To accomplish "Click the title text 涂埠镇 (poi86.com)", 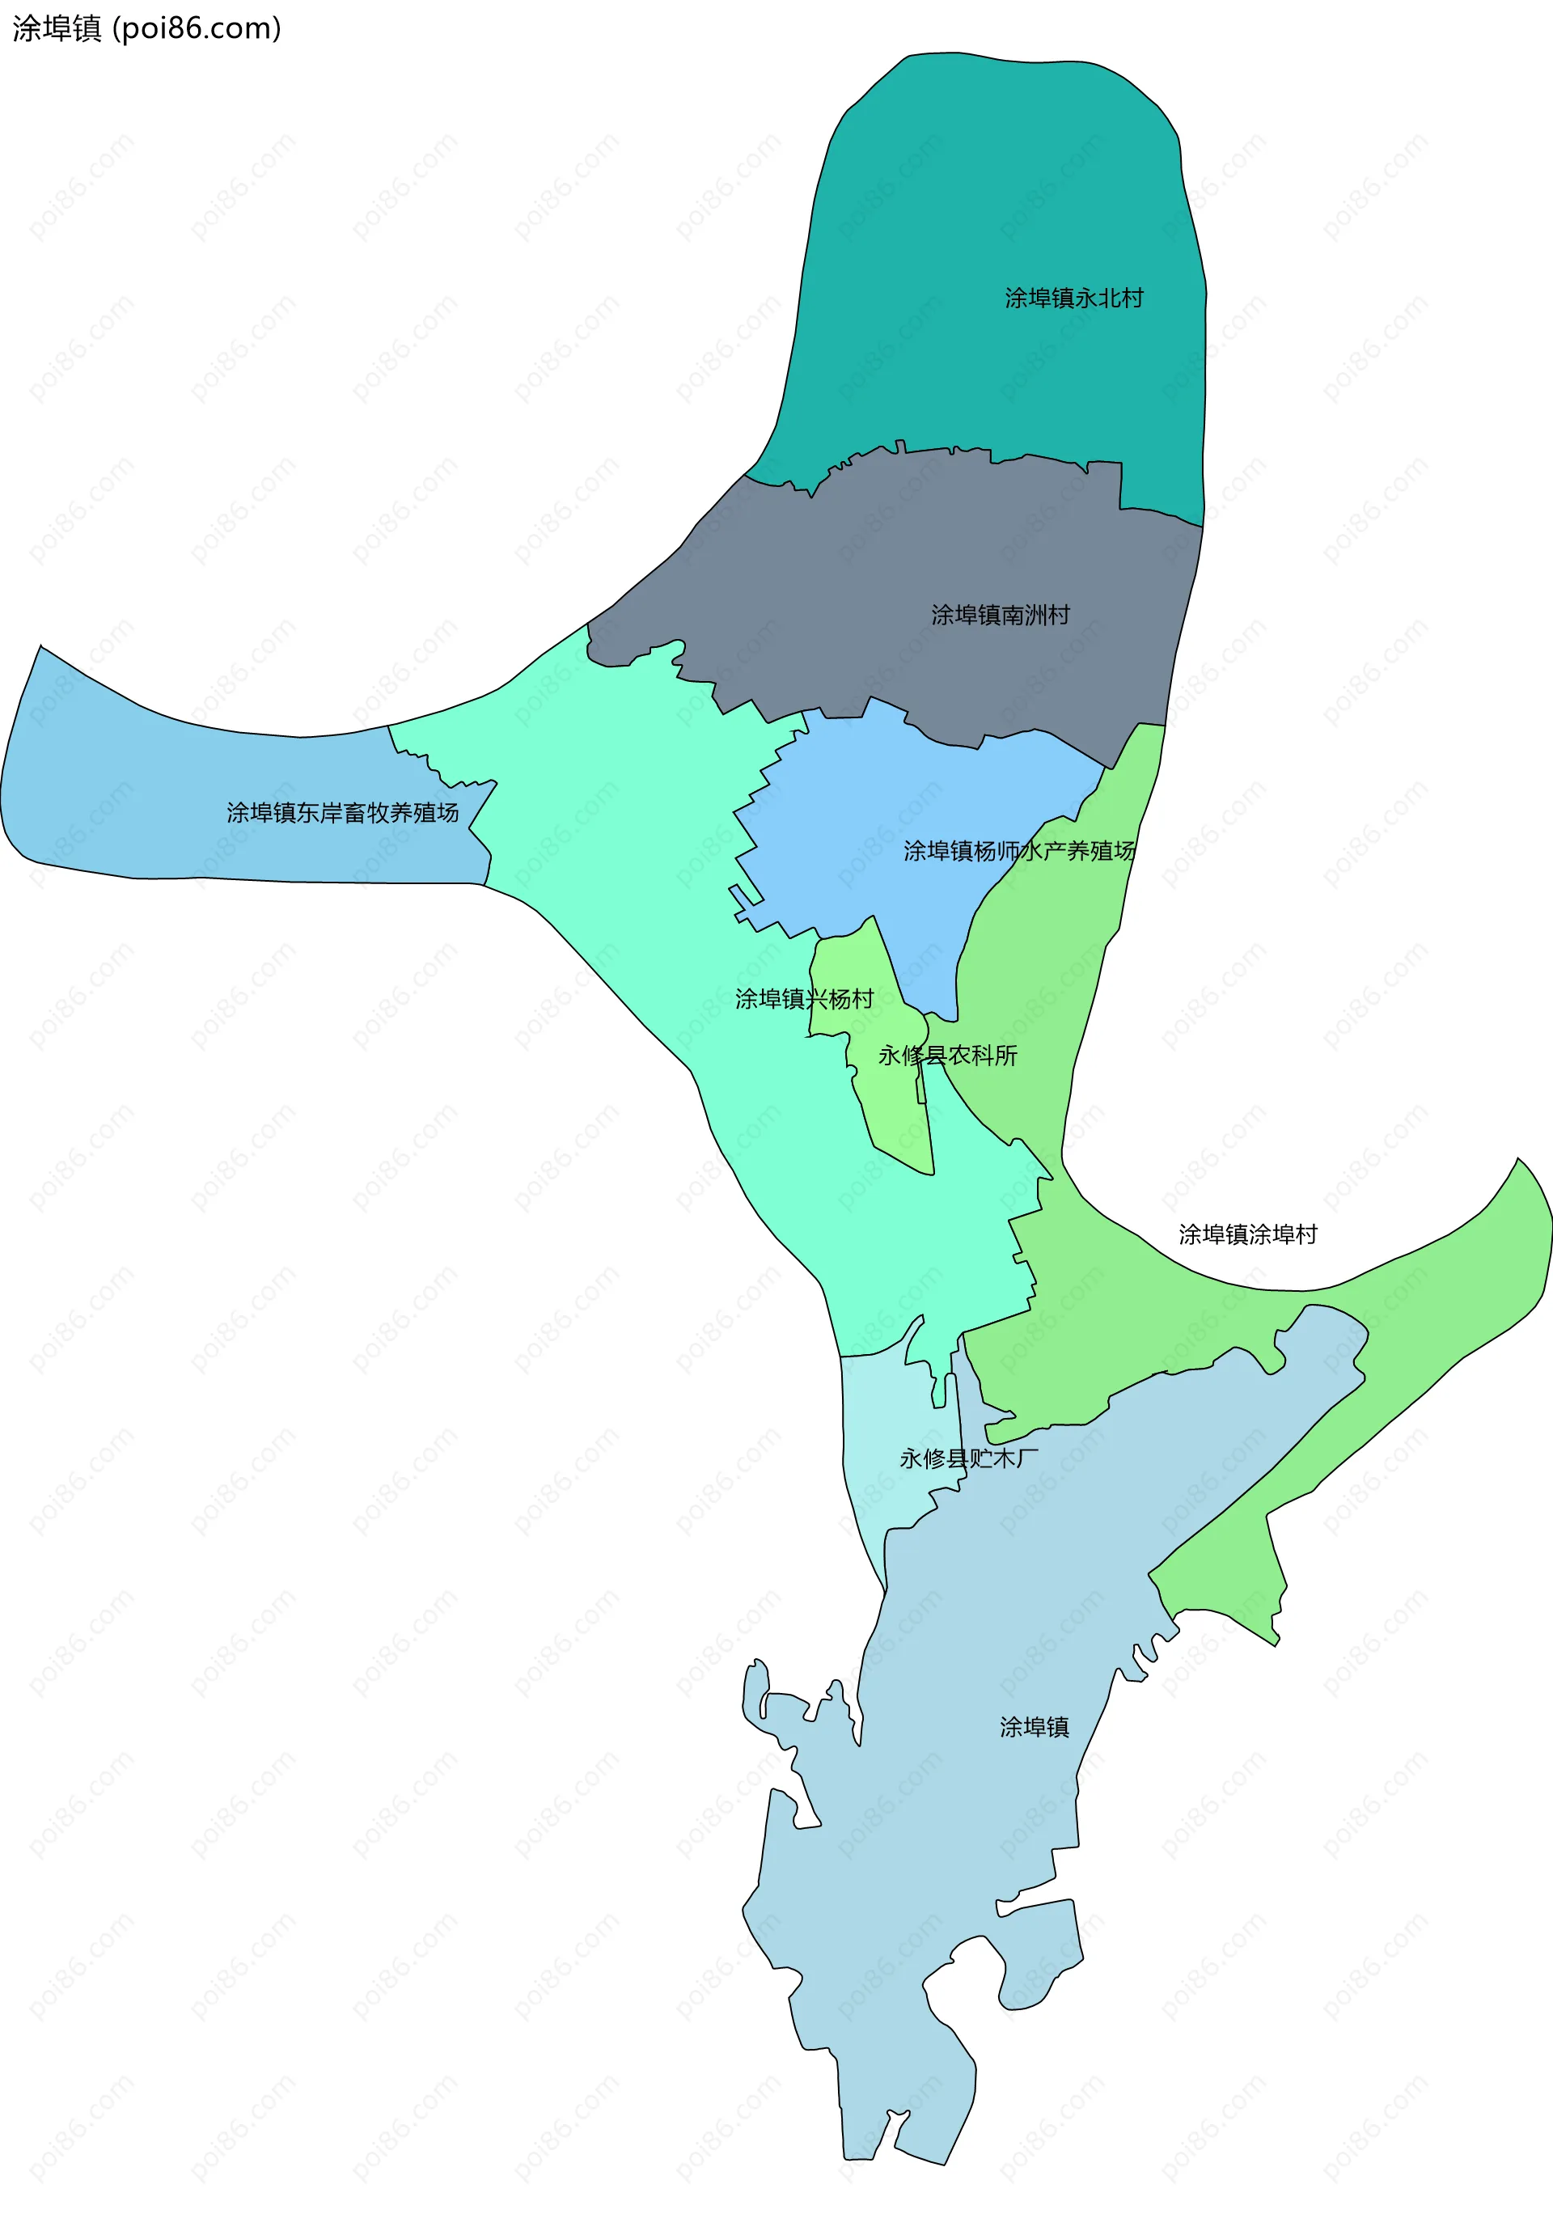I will [146, 28].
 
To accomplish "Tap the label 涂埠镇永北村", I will [1073, 298].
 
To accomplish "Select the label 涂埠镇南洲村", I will [1000, 615].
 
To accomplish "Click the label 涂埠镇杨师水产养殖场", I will [1019, 850].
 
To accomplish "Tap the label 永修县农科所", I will [947, 1055].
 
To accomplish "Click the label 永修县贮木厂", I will [969, 1458].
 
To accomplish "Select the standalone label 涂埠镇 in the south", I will [1035, 1726].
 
